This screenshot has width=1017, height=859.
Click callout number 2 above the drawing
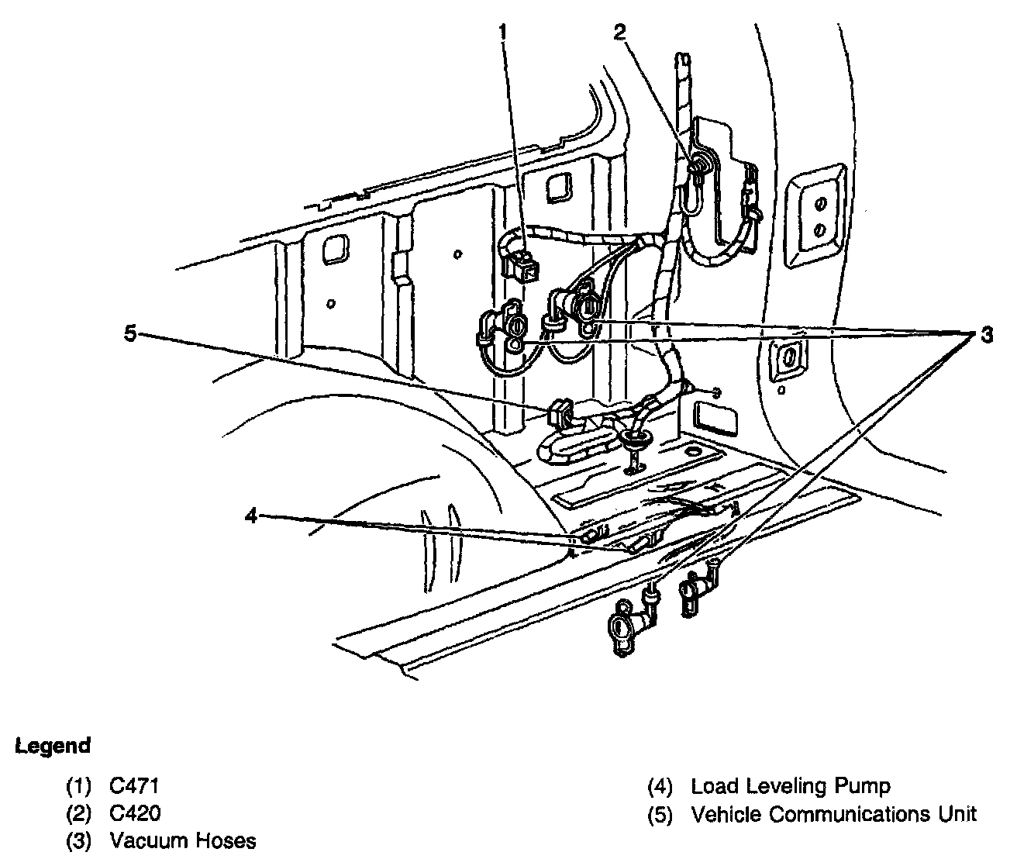pos(619,32)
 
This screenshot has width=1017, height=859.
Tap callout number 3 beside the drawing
pos(986,335)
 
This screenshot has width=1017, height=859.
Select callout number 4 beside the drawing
pos(250,516)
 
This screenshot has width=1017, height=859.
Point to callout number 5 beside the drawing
pos(129,334)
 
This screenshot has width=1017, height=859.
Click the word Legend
pos(53,747)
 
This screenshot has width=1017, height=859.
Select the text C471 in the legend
pos(134,786)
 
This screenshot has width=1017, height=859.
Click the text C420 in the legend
pos(136,813)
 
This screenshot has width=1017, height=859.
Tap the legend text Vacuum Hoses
pos(182,840)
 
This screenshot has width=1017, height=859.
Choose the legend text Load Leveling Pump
pos(791,786)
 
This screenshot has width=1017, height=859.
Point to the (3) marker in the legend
pos(78,840)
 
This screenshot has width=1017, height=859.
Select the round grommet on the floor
pos(634,440)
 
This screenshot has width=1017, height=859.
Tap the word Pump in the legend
pos(867,786)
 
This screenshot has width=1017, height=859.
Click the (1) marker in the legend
pos(78,786)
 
